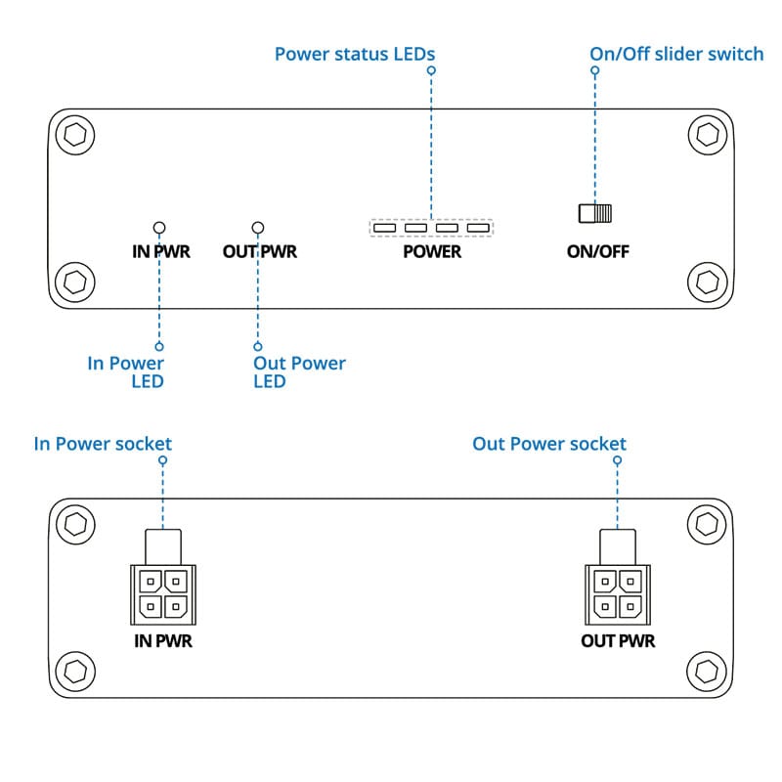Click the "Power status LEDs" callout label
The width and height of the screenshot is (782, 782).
coord(355,54)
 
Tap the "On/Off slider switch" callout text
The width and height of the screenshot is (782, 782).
coord(676,54)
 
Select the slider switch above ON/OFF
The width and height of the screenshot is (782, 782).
coord(595,213)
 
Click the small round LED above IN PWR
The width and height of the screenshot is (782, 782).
coord(159,228)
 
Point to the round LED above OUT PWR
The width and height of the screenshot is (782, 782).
coord(258,228)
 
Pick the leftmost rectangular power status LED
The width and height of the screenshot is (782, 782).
coord(384,228)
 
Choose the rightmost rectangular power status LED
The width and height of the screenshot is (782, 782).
coord(478,228)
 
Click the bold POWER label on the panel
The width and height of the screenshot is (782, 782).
coord(432,251)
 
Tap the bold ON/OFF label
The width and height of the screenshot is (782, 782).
coord(597,251)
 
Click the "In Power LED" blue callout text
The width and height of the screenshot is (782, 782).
coord(126,372)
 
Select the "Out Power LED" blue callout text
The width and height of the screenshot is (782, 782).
coord(299,372)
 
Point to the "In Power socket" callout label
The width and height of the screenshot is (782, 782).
coord(103,444)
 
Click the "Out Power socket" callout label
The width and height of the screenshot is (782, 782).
coord(549,444)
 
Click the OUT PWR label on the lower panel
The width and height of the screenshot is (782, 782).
coord(618,641)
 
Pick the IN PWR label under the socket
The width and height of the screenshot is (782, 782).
coord(163,641)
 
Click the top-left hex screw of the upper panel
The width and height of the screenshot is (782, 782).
coord(75,135)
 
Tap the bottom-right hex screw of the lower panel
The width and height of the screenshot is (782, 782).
coord(707,672)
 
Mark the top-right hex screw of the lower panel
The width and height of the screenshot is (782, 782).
coord(707,524)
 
